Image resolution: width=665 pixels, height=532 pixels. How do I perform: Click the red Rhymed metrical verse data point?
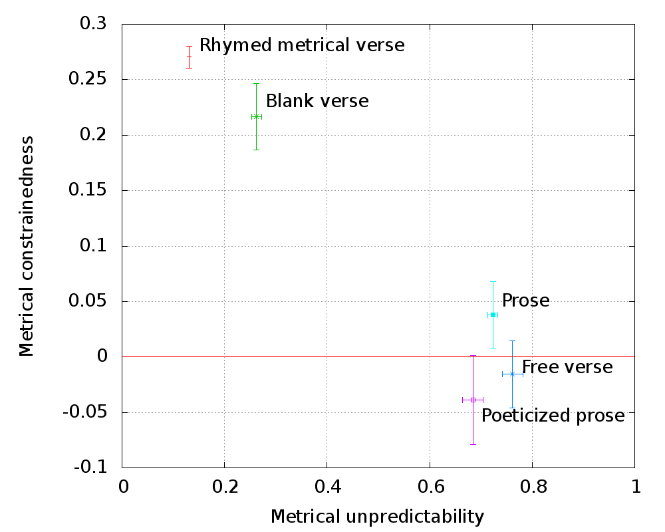click(189, 57)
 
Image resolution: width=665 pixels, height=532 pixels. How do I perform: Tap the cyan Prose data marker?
click(493, 315)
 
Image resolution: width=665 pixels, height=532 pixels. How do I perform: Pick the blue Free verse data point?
click(512, 374)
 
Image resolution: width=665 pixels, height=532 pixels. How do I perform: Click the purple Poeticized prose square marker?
click(473, 400)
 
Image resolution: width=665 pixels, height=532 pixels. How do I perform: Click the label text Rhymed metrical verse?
click(302, 45)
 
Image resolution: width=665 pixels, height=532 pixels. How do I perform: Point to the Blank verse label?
click(317, 101)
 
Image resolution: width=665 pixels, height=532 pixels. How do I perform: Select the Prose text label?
click(525, 301)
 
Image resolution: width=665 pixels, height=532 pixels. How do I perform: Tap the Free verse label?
click(567, 366)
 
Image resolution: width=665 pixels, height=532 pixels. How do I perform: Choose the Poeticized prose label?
click(553, 416)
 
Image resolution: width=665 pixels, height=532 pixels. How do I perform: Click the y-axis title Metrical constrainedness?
click(27, 246)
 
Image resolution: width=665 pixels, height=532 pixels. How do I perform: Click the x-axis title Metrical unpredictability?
click(377, 516)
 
